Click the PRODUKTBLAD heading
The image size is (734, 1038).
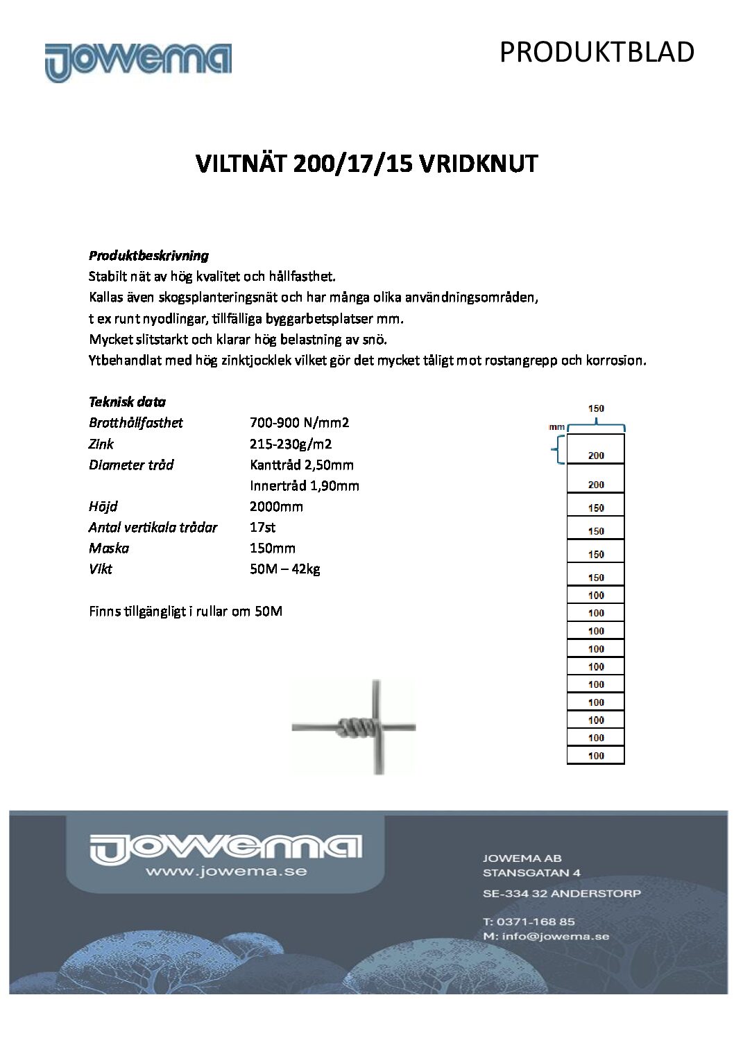pyautogui.click(x=597, y=53)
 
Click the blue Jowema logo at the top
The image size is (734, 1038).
pyautogui.click(x=138, y=62)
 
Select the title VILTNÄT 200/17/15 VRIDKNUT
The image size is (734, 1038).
pyautogui.click(x=367, y=164)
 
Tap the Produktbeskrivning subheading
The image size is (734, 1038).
pyautogui.click(x=148, y=255)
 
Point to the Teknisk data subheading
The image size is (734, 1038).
pyautogui.click(x=127, y=401)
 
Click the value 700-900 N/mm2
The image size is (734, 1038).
pyautogui.click(x=299, y=422)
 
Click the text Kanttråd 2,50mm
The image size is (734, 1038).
pyautogui.click(x=302, y=465)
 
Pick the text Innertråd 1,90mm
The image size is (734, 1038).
pyautogui.click(x=305, y=485)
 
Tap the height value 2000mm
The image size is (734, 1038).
pyautogui.click(x=276, y=506)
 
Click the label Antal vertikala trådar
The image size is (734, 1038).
pyautogui.click(x=153, y=527)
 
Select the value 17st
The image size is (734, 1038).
pyautogui.click(x=262, y=527)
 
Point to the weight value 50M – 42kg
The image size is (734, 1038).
pyautogui.click(x=284, y=569)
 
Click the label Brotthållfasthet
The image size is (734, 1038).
pyautogui.click(x=136, y=422)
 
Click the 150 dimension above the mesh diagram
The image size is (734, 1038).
pyautogui.click(x=596, y=408)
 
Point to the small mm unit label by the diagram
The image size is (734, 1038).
pyautogui.click(x=557, y=427)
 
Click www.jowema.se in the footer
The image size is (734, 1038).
pyautogui.click(x=225, y=871)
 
